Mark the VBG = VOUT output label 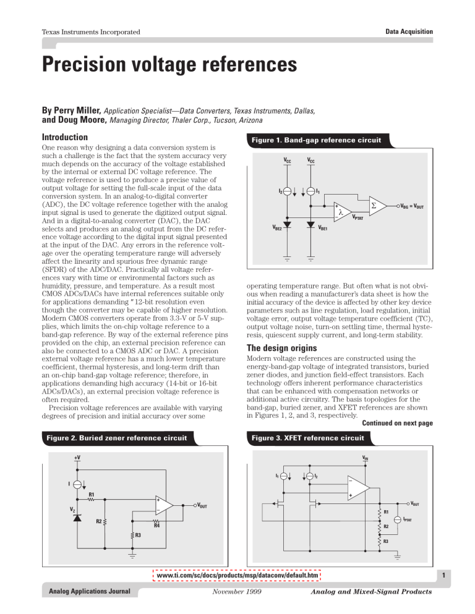pos(417,206)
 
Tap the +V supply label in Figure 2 pos(77,458)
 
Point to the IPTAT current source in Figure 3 pos(398,520)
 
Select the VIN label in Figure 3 pos(366,458)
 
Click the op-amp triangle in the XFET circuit pos(357,489)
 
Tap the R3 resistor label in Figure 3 pos(386,542)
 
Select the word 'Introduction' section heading pos(63,136)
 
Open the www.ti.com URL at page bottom pos(237,576)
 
